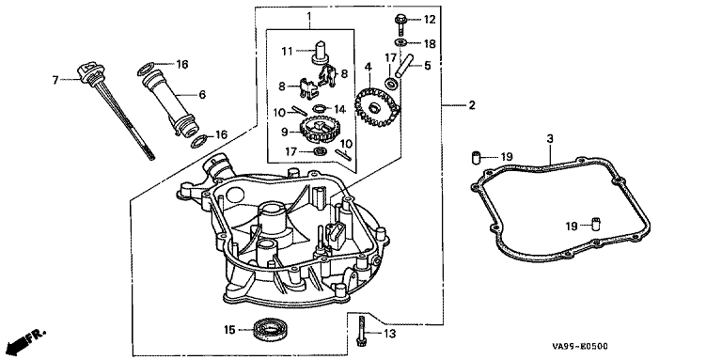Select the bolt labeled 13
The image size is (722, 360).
tap(361, 329)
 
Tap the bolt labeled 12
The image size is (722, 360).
tap(400, 24)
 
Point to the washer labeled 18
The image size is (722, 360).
tap(400, 43)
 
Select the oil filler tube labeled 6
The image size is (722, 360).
tap(175, 102)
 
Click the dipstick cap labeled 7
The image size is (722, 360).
tap(90, 74)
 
